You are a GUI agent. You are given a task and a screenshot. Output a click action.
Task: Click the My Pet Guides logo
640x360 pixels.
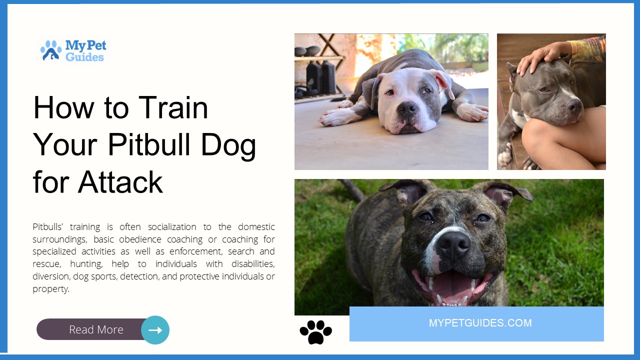point(73,50)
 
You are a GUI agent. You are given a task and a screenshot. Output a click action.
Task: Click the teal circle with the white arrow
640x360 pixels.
point(155,330)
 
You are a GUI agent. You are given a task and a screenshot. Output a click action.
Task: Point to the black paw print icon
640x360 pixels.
point(315,331)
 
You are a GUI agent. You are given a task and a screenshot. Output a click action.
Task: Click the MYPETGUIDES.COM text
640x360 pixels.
point(480,323)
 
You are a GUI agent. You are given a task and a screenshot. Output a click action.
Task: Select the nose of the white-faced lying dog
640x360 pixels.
point(407,107)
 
